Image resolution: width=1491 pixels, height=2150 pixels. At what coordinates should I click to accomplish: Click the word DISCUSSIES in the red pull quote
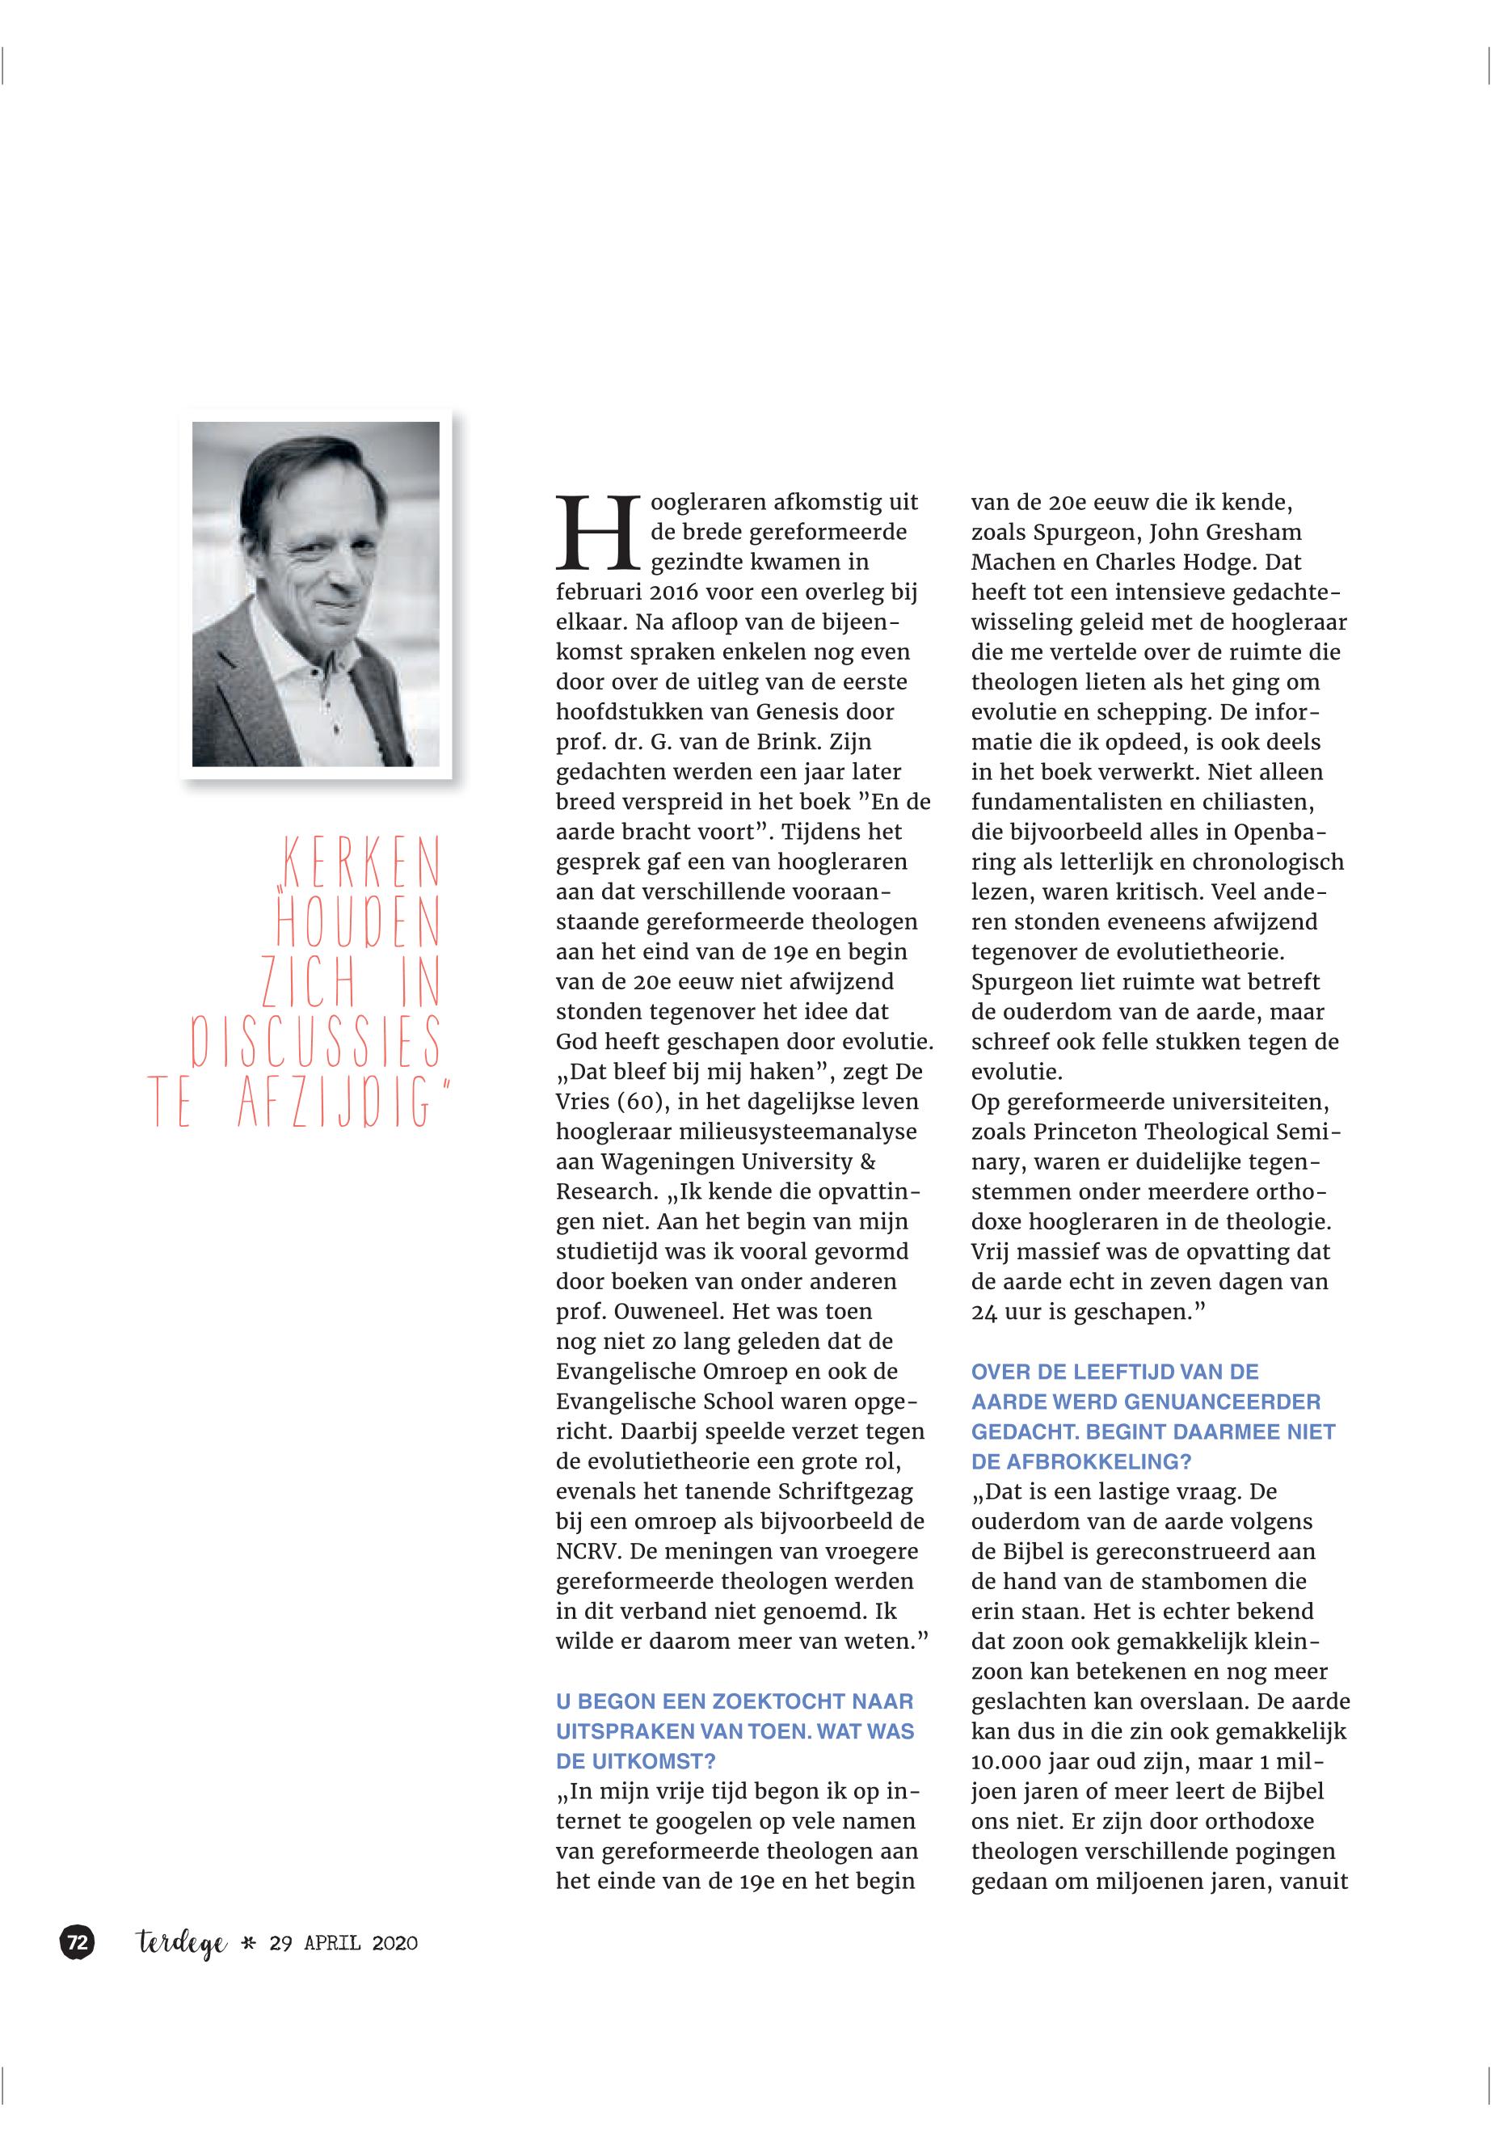[316, 1043]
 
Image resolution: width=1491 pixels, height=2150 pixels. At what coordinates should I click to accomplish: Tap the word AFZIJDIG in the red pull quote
[336, 1102]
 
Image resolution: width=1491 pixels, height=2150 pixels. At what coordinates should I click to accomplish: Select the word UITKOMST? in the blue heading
[635, 1761]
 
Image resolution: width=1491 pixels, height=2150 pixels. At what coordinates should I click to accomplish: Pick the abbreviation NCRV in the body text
[588, 1551]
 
